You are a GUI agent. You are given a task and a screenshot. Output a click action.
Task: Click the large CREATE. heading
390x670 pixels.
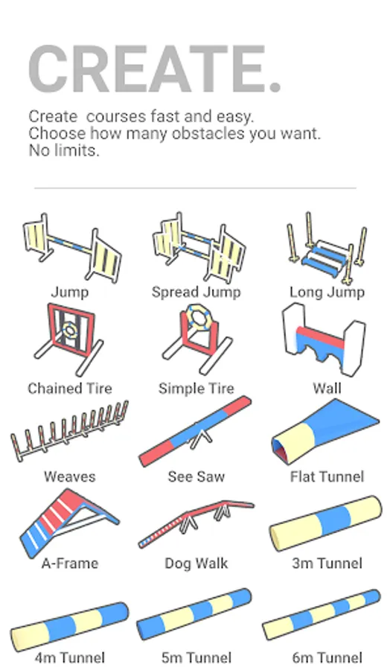(x=155, y=69)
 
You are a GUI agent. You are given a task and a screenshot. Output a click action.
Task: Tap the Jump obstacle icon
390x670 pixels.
(x=71, y=247)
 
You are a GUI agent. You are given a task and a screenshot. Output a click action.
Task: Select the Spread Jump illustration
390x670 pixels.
(x=199, y=247)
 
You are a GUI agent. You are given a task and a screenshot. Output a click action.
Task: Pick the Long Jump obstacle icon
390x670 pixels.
(x=327, y=248)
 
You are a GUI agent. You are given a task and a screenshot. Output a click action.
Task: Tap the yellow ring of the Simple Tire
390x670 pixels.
(x=197, y=316)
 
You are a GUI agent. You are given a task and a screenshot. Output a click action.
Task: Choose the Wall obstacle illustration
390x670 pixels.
(x=324, y=339)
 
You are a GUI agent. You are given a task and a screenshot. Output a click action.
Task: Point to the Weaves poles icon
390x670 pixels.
(x=69, y=431)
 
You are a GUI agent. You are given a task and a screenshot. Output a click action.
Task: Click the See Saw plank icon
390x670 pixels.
(x=196, y=431)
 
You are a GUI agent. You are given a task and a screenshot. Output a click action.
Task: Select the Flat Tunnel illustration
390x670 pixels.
(x=325, y=432)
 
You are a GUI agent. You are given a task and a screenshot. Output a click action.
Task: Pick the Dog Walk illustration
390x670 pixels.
(x=196, y=524)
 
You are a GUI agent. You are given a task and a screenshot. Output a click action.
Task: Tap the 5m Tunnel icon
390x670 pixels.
(x=194, y=613)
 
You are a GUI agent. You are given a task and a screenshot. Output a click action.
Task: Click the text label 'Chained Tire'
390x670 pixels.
(x=70, y=389)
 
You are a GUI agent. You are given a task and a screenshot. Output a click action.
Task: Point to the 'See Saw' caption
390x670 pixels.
(x=196, y=477)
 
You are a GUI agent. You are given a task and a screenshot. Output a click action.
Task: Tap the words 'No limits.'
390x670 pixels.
(x=64, y=150)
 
